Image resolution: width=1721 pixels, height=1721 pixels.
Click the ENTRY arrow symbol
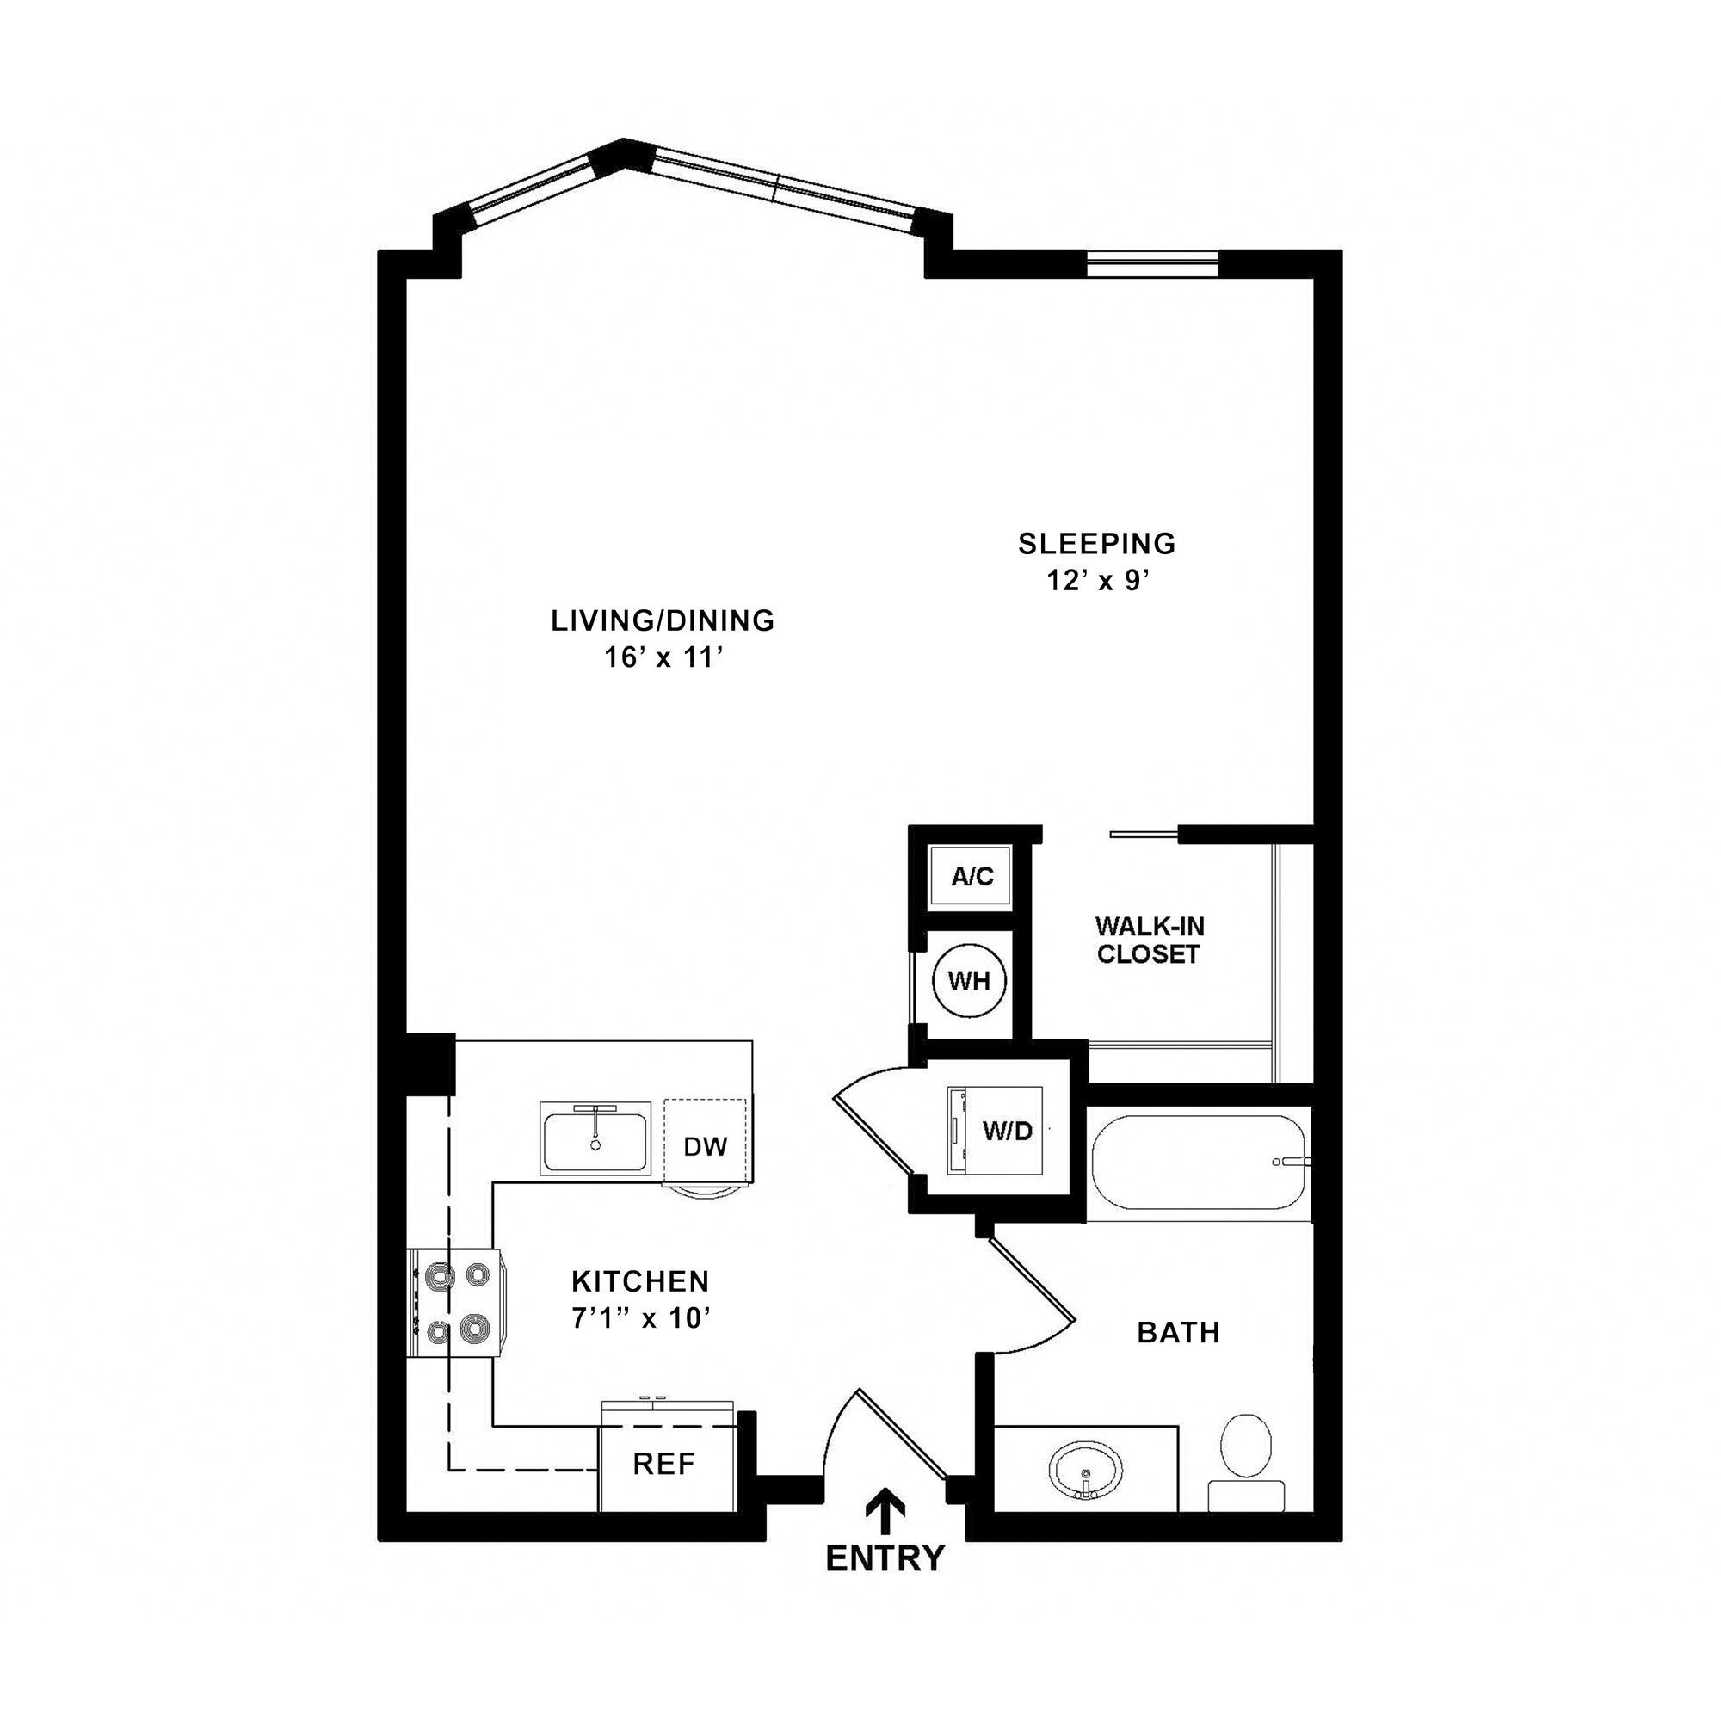click(x=885, y=1508)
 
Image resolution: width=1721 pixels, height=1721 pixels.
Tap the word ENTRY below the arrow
click(x=885, y=1558)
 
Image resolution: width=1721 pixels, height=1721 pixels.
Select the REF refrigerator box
click(x=663, y=1464)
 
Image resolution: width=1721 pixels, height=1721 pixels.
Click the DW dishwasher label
click(x=706, y=1146)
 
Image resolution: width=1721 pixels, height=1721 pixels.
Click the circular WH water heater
click(x=968, y=982)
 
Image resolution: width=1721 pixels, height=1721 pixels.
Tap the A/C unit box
click(x=971, y=877)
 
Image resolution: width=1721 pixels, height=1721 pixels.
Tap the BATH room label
click(x=1178, y=1333)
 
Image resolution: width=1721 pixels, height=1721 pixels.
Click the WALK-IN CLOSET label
click(x=1149, y=940)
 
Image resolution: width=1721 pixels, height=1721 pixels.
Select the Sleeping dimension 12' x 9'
click(x=1096, y=581)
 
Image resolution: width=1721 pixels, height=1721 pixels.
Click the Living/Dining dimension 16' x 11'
click(x=662, y=658)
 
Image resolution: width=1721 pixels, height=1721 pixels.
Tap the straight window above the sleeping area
click(x=1152, y=259)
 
